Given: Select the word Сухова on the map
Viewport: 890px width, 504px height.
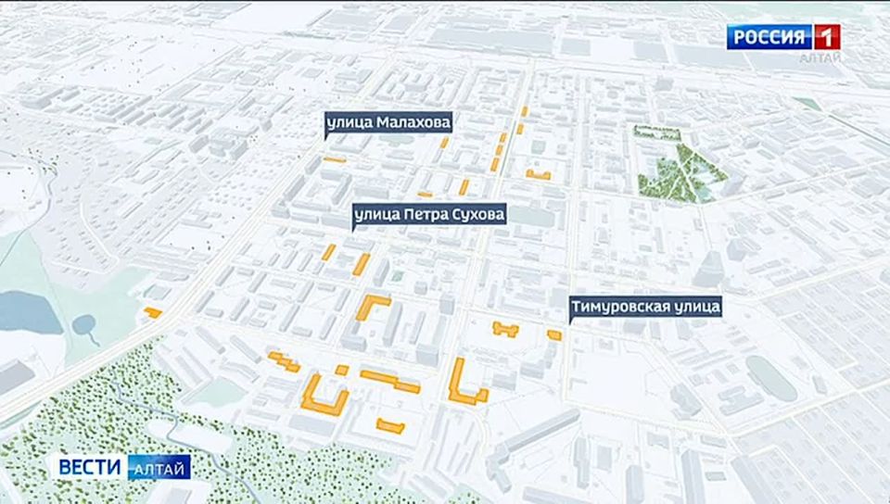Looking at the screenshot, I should point(477,216).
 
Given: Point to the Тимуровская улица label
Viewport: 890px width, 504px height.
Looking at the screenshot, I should point(645,306).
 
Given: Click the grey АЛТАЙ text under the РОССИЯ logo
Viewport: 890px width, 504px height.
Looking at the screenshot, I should point(820,58).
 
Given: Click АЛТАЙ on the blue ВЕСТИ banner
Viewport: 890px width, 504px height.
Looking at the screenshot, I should point(158,468).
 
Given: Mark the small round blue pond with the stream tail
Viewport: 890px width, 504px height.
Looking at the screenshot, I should point(84,325).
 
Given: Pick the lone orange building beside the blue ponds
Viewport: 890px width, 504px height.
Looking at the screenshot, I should point(153,313).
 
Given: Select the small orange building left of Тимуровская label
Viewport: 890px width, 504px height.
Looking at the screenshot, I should point(554,334).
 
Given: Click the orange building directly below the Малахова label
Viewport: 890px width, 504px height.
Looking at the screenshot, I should point(335,160).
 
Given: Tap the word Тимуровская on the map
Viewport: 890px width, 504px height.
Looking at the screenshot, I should point(617,306).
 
